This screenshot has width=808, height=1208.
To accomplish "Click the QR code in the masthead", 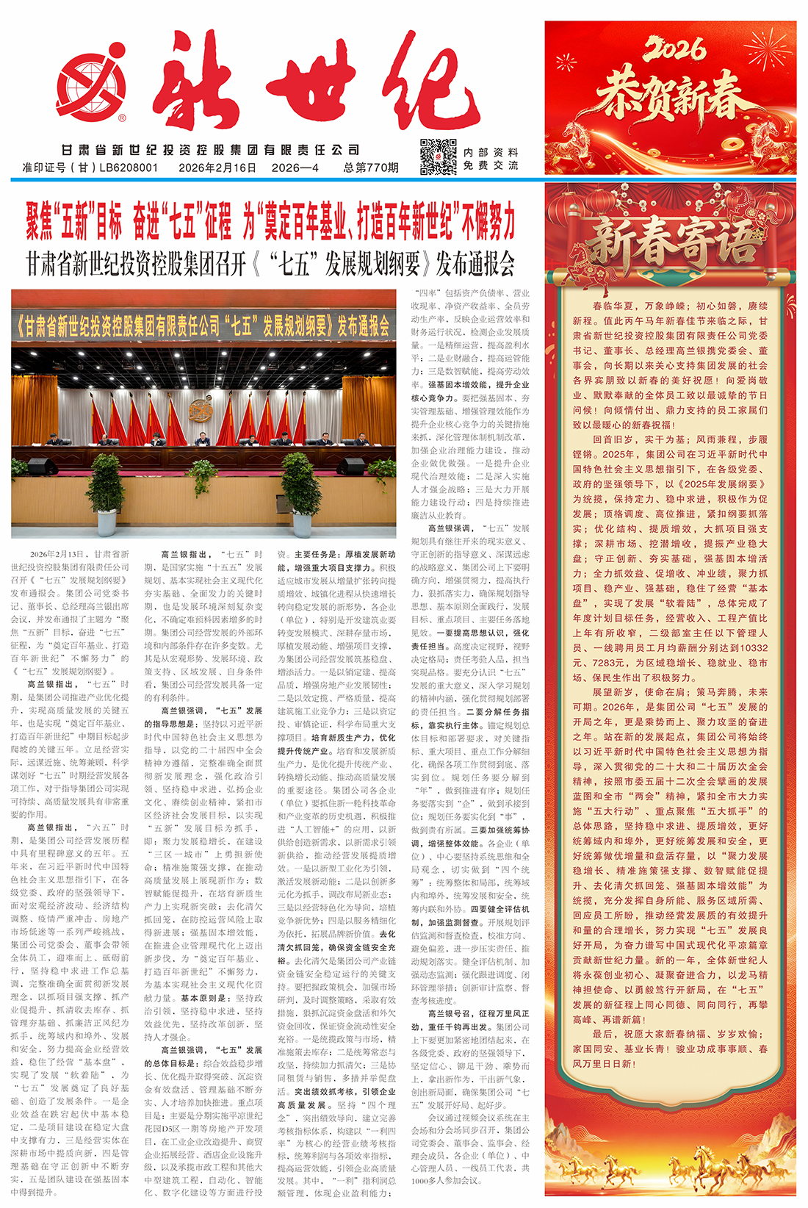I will click(x=438, y=157).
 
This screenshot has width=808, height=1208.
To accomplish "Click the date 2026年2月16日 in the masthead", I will click(x=217, y=168).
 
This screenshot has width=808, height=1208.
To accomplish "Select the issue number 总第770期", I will click(x=370, y=168).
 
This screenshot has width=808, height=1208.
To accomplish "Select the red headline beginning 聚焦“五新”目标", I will click(x=270, y=221).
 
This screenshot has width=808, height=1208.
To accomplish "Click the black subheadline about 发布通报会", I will click(x=270, y=264).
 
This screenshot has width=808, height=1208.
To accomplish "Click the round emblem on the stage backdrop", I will click(x=200, y=411).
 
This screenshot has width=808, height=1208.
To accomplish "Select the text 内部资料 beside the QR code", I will click(x=491, y=152).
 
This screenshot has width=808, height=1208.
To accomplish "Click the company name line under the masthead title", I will click(x=211, y=150).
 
